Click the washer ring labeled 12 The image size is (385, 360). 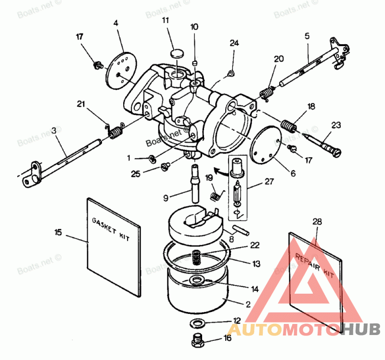click(x=197, y=322)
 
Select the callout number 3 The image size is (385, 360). click(x=54, y=131)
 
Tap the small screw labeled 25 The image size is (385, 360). click(x=165, y=166)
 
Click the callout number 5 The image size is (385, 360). click(x=307, y=35)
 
